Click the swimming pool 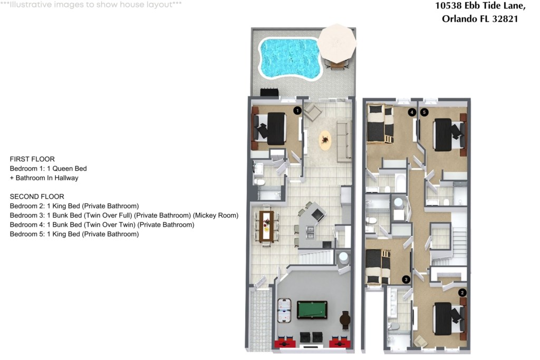click(290, 59)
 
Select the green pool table click(312, 310)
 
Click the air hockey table click(284, 311)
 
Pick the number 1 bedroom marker click(297, 111)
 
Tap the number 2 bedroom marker click(462, 293)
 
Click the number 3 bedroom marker click(406, 279)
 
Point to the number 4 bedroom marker click(412, 112)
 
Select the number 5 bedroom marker click(425, 112)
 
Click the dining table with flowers click(266, 227)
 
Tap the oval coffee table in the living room click(325, 140)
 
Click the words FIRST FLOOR click(32, 159)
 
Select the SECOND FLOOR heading click(37, 197)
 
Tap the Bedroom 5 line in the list click(74, 234)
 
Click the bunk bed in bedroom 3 click(378, 266)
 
